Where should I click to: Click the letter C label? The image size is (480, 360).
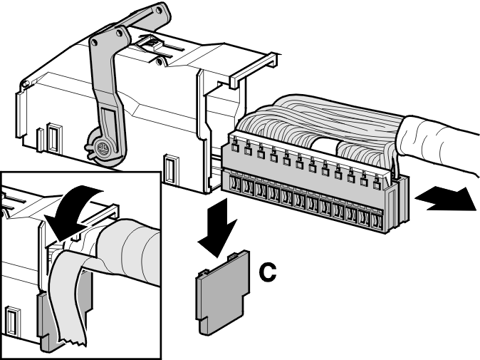tap(268, 272)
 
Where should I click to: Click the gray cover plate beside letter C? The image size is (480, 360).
tap(222, 292)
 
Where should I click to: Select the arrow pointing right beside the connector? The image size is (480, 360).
tap(446, 199)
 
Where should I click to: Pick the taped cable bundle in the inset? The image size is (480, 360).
tap(129, 251)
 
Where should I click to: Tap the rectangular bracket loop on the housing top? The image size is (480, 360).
tap(254, 70)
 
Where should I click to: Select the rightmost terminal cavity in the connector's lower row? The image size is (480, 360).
tap(376, 220)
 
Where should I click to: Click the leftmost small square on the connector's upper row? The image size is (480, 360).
tap(235, 148)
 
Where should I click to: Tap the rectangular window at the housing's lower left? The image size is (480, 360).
tap(53, 138)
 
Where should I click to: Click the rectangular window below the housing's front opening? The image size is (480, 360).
tap(171, 168)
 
